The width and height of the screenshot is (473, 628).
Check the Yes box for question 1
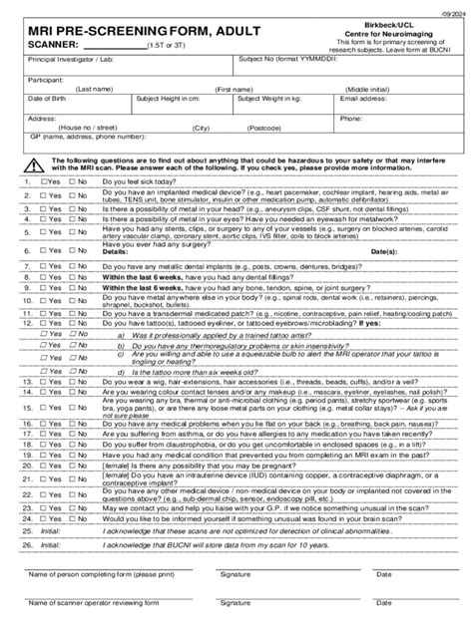(x=44, y=182)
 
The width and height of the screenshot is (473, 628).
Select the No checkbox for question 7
(x=73, y=268)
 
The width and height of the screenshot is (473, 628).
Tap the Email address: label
(x=364, y=99)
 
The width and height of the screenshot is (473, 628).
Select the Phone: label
(x=350, y=118)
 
